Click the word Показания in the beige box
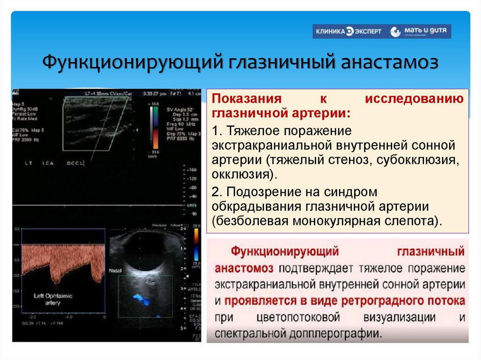click(240, 100)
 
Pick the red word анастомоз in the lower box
click(244, 268)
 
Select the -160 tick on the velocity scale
click(193, 169)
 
